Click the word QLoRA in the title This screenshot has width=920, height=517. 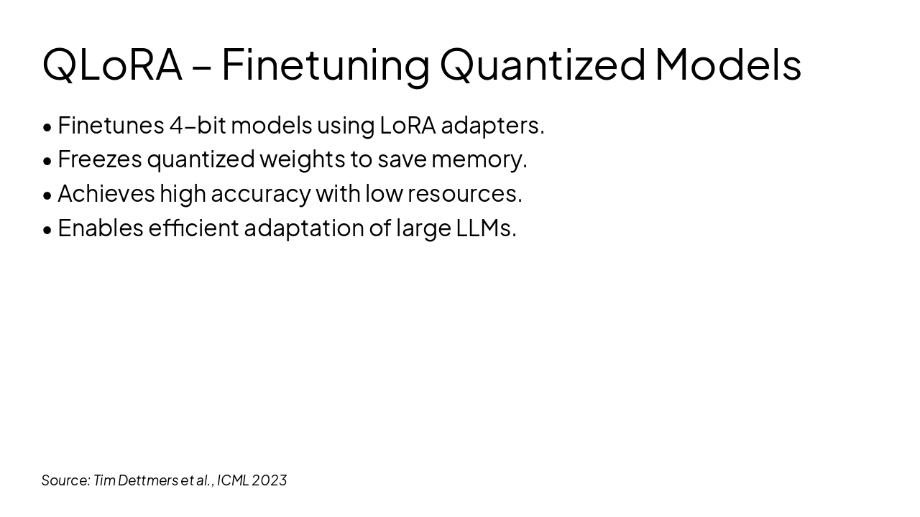click(112, 64)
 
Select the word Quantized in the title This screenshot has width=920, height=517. click(543, 64)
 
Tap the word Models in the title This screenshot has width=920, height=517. click(727, 64)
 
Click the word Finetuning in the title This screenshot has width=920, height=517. click(325, 64)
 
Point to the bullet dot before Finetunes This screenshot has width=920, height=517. click(47, 127)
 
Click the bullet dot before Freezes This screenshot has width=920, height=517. click(47, 161)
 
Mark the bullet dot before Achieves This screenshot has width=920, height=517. click(47, 195)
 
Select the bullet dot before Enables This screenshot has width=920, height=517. click(47, 230)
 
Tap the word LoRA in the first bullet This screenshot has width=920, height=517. click(408, 126)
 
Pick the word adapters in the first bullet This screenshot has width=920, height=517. click(492, 126)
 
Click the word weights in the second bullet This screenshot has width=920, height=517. click(302, 159)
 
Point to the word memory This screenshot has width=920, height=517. click(479, 159)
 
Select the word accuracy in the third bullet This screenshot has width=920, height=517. click(260, 194)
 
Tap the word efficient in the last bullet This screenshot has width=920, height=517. click(193, 228)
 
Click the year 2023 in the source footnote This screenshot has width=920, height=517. click(270, 480)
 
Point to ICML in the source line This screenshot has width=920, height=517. click(232, 480)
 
